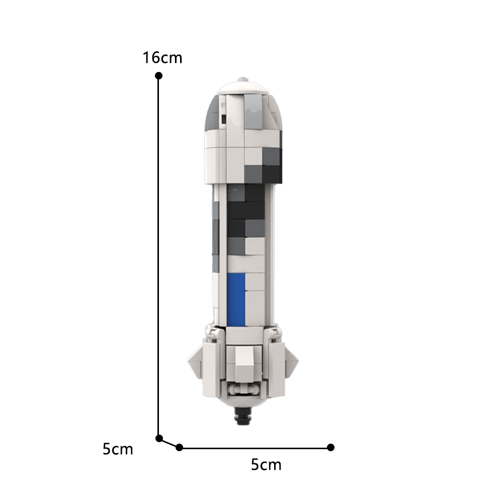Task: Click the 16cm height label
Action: click(162, 58)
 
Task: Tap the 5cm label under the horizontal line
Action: click(266, 464)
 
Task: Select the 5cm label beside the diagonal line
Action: click(118, 448)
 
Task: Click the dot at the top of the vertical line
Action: click(158, 75)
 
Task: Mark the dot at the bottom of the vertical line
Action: click(159, 438)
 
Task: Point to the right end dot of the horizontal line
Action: click(330, 447)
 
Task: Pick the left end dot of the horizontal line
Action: click(180, 447)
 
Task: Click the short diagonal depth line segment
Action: click(169, 443)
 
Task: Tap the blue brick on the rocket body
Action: click(235, 299)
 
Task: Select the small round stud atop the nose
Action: click(243, 79)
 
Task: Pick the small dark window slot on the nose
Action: click(222, 119)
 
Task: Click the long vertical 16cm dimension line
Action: click(158, 251)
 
